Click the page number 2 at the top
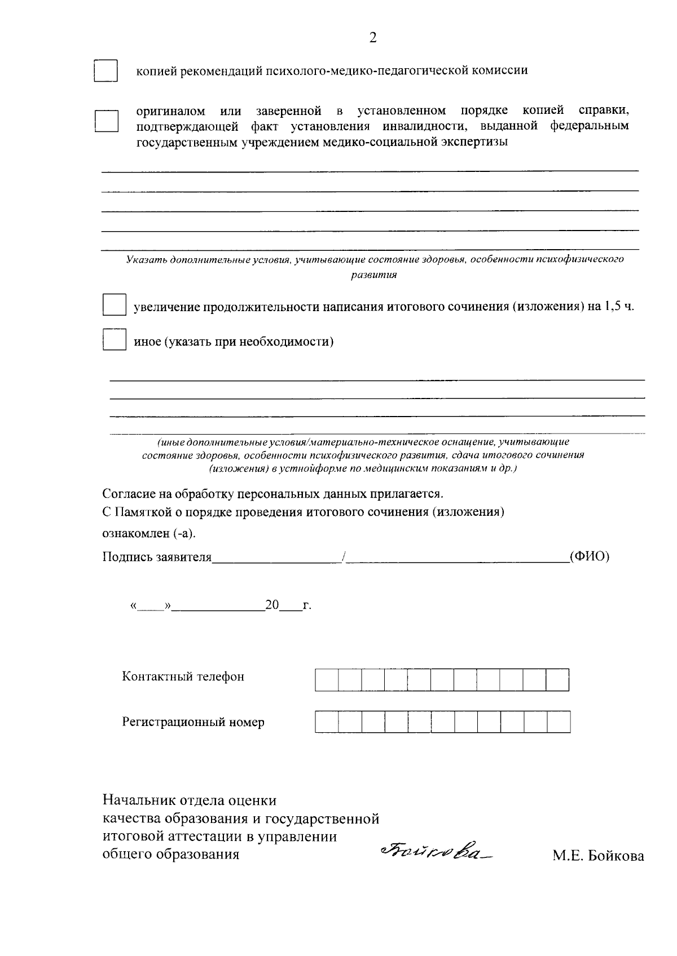372,38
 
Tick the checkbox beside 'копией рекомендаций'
105,71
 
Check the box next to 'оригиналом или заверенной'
105,121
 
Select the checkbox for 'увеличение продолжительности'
114,305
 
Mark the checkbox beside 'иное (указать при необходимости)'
114,340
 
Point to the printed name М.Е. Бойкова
598,856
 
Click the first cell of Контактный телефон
327,680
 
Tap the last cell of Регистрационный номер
559,722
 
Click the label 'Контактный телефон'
183,676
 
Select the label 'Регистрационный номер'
193,722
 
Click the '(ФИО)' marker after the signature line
590,557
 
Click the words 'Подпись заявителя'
157,557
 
